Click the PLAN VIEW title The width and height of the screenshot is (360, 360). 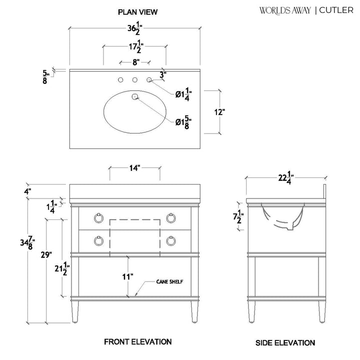[x=137, y=12]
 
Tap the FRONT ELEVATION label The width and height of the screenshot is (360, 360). [x=138, y=342]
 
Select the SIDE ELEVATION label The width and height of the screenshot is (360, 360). [x=285, y=343]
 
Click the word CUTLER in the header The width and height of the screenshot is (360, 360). [x=336, y=10]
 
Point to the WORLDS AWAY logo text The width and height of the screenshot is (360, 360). [x=285, y=10]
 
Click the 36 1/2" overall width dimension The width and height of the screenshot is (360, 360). [x=135, y=28]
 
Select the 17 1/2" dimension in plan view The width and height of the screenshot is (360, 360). [x=136, y=46]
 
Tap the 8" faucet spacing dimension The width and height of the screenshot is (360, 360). [x=136, y=62]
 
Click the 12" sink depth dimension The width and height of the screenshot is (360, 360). [x=219, y=112]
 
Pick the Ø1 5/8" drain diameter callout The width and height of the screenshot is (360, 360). [x=183, y=122]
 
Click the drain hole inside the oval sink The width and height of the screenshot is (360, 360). [x=135, y=96]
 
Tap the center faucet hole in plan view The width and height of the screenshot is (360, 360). [x=135, y=80]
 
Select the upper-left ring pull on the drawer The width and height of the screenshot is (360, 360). [x=98, y=218]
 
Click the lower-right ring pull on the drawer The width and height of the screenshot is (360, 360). [x=171, y=241]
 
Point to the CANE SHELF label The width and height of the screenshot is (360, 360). [x=169, y=281]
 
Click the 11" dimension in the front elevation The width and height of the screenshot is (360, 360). [x=127, y=276]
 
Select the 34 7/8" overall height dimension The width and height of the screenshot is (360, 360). [x=27, y=243]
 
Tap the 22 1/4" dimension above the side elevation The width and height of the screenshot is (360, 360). [x=286, y=177]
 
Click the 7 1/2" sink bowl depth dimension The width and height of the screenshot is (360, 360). [x=238, y=217]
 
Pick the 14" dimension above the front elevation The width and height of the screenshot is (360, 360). [x=134, y=168]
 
